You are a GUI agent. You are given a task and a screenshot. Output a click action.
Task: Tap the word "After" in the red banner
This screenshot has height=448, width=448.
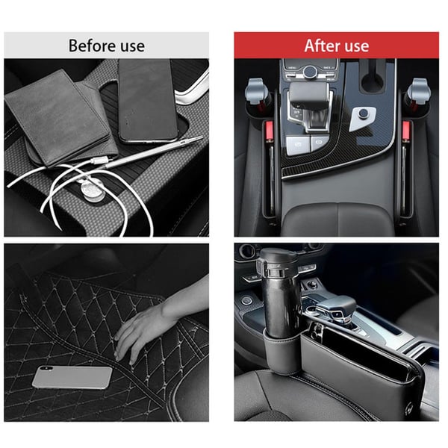point(322,45)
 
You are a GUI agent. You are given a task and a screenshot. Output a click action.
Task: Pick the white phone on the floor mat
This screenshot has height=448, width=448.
point(72,377)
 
